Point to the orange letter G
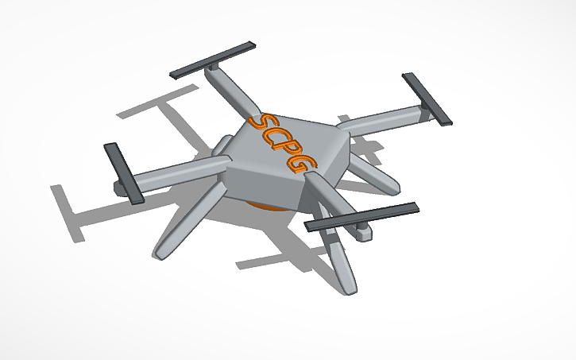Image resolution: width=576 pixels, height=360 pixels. click(x=305, y=164)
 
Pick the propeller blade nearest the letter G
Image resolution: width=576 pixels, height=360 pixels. click(x=362, y=217)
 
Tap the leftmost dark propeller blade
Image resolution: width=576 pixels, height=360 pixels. click(x=122, y=172)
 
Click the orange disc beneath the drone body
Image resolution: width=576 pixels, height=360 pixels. click(x=267, y=208)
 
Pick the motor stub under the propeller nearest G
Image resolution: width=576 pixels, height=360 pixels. click(x=361, y=233)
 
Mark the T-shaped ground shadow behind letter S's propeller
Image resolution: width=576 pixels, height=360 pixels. click(x=155, y=104)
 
